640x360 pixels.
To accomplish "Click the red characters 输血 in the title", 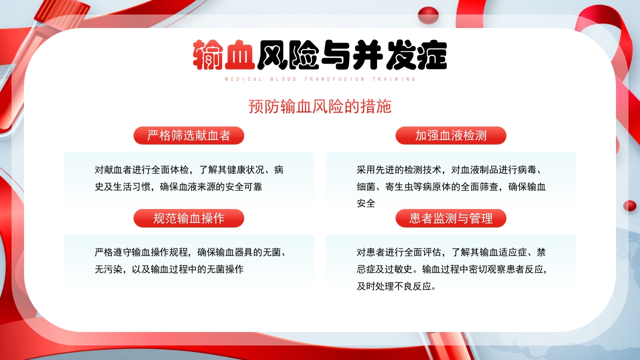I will click(x=224, y=54).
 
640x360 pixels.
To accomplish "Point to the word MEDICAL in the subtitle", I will click(x=243, y=79).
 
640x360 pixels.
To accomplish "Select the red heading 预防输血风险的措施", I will click(x=320, y=106).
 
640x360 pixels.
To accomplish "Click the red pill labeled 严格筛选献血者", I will click(x=188, y=135).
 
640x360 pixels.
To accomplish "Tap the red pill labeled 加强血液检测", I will click(x=450, y=135).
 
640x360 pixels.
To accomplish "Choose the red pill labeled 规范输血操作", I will click(x=188, y=218).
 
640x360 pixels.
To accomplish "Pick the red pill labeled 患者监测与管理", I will click(x=450, y=218).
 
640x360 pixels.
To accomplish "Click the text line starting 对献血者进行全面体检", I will click(x=189, y=169).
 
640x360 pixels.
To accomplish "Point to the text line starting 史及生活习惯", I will click(x=178, y=186).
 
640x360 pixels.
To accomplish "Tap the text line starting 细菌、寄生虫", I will click(x=451, y=186).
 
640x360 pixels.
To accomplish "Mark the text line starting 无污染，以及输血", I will click(x=169, y=269).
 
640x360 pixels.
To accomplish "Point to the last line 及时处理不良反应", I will click(x=396, y=286).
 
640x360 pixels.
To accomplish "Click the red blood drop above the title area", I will click(x=428, y=15).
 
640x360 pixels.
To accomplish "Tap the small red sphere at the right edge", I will click(x=629, y=205).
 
